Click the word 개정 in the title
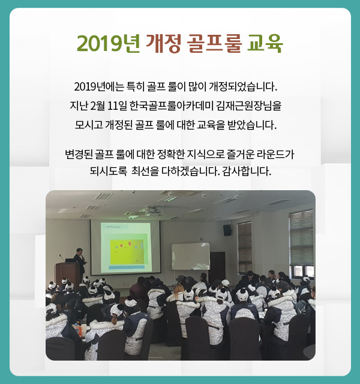[x=164, y=44]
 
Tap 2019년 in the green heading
[x=109, y=44]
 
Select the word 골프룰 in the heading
[x=214, y=44]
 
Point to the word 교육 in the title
[x=265, y=44]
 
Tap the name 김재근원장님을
[x=249, y=106]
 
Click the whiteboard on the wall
[x=191, y=256]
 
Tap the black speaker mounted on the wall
[x=227, y=230]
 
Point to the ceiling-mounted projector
[x=154, y=209]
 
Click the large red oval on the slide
[x=130, y=243]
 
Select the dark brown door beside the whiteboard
[x=217, y=264]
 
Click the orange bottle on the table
[x=77, y=328]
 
